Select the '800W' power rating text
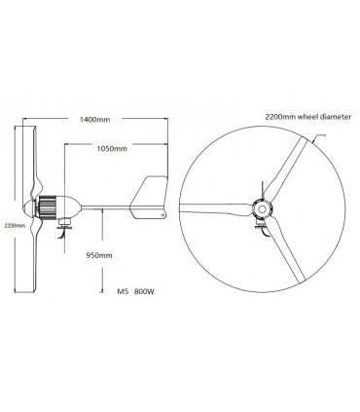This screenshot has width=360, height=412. click(146, 291)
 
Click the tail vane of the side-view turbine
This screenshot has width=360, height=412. click(155, 195)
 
